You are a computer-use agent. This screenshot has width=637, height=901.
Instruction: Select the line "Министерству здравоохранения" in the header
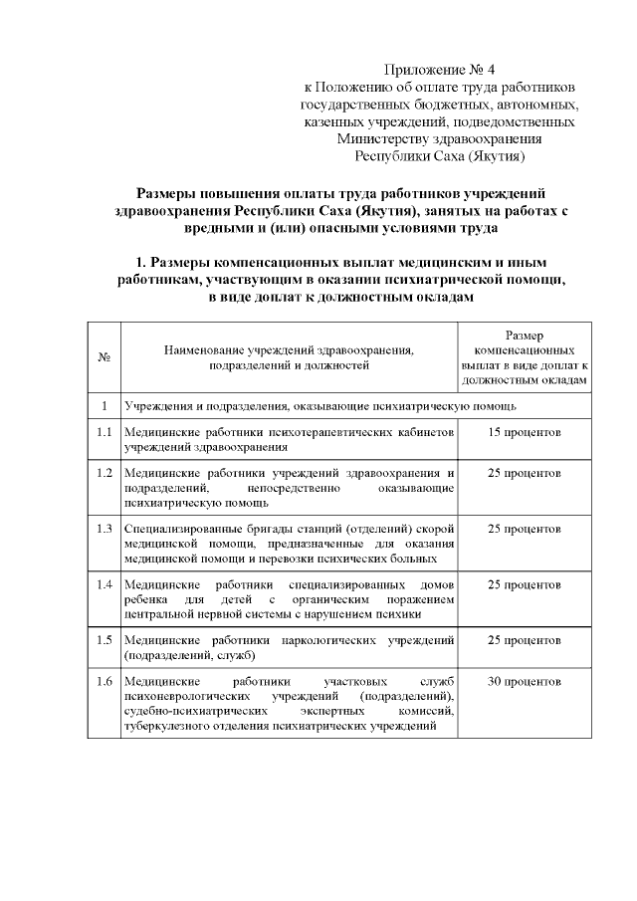pos(439,139)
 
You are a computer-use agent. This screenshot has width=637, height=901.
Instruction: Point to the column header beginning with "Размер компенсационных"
pos(524,357)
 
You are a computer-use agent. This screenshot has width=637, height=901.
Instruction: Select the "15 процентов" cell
pos(524,433)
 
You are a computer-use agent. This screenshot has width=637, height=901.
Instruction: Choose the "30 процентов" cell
pos(524,682)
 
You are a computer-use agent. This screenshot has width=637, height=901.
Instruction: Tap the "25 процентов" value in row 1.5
pos(524,638)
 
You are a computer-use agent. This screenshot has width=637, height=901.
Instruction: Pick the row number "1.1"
pos(105,433)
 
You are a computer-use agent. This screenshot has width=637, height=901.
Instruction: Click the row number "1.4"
pos(105,583)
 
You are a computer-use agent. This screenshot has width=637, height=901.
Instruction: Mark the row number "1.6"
pos(105,682)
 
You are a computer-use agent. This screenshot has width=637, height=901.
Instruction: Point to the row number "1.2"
pos(105,472)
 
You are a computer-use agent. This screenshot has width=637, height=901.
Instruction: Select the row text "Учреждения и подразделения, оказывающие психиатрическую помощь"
pos(318,406)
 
